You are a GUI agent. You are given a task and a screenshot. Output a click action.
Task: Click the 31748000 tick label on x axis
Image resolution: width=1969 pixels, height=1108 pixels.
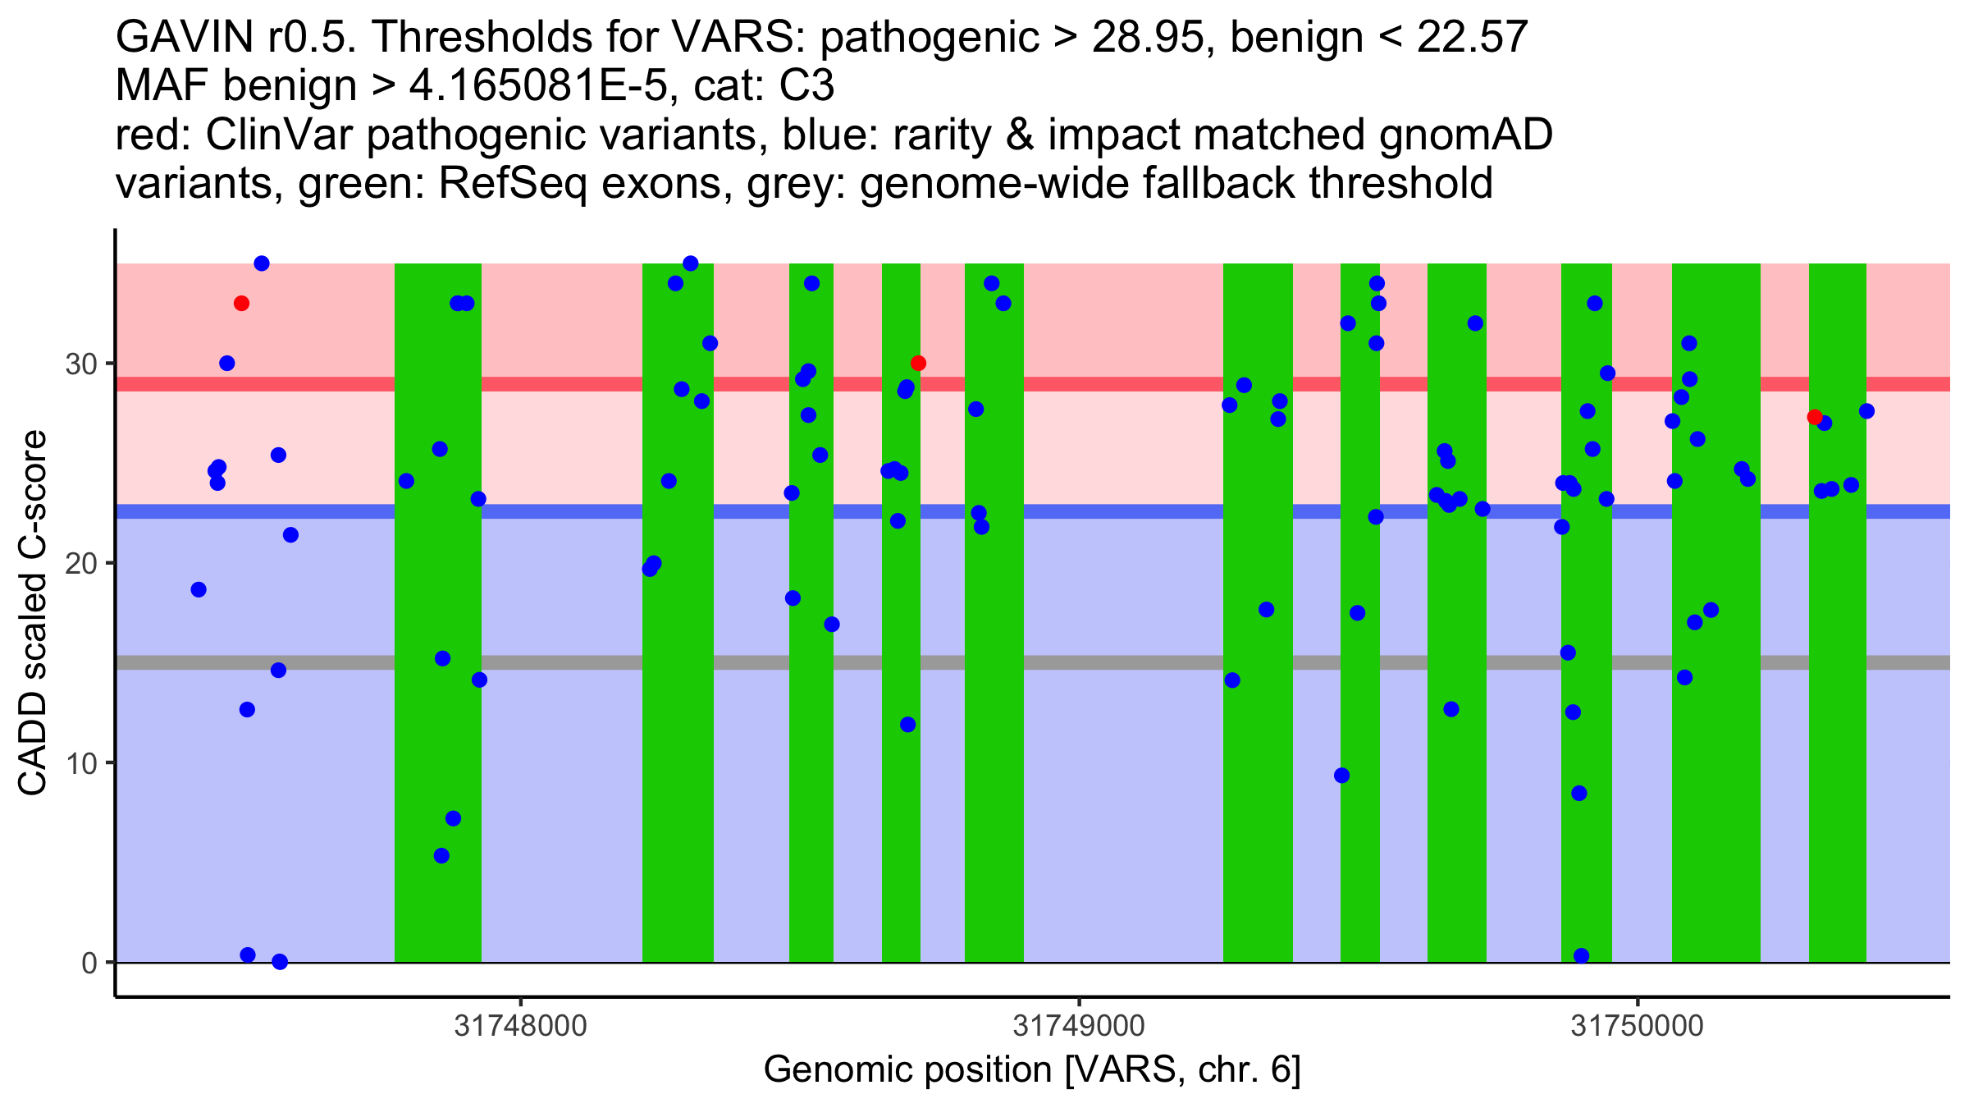point(520,1026)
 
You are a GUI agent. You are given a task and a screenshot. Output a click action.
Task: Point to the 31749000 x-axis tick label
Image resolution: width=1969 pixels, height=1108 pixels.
point(1078,1026)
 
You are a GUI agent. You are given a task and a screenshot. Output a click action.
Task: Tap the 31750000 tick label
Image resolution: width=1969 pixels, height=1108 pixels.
point(1638,1026)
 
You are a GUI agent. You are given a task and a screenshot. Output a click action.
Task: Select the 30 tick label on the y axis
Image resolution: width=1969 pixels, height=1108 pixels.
point(81,364)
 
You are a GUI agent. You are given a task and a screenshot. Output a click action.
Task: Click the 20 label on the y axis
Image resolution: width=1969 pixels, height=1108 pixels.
point(81,563)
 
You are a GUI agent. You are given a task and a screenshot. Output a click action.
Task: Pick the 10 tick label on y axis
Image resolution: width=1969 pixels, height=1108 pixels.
point(81,763)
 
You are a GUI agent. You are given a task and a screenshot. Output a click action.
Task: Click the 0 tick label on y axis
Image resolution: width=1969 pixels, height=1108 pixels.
point(89,963)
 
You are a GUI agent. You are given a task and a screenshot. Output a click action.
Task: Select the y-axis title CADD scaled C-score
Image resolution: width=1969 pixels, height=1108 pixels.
point(33,613)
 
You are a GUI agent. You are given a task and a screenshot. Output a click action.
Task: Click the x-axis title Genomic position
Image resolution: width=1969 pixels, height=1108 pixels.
point(1032,1070)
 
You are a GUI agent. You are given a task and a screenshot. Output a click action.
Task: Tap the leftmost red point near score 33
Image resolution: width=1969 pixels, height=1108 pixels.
point(241,304)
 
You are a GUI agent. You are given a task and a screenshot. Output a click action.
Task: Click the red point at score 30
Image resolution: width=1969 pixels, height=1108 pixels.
point(918,364)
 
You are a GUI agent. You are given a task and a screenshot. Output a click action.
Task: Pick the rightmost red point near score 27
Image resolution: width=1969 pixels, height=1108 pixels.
point(1815,417)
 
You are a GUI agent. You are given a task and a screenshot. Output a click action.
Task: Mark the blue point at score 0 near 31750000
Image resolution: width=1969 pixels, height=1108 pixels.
point(1582,956)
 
